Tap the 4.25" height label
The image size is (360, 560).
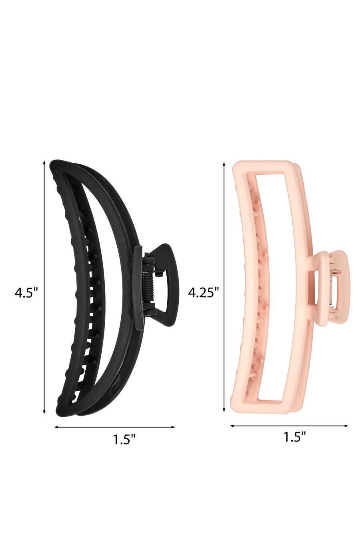[x=204, y=292]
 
